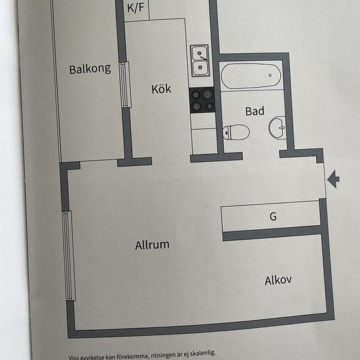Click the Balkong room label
click(90, 69)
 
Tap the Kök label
click(161, 89)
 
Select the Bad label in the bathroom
click(255, 111)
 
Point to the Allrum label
click(153, 245)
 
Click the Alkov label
click(278, 280)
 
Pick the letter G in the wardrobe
click(273, 216)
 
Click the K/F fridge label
click(135, 8)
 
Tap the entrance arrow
click(333, 179)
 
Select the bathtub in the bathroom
click(251, 76)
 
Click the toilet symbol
click(236, 132)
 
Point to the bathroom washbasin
click(277, 128)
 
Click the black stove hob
click(202, 100)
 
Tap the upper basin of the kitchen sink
click(200, 53)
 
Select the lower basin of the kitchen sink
click(200, 67)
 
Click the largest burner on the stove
click(207, 94)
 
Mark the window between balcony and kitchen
click(126, 84)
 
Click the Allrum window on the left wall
click(69, 255)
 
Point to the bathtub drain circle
click(270, 75)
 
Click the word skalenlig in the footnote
click(202, 353)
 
